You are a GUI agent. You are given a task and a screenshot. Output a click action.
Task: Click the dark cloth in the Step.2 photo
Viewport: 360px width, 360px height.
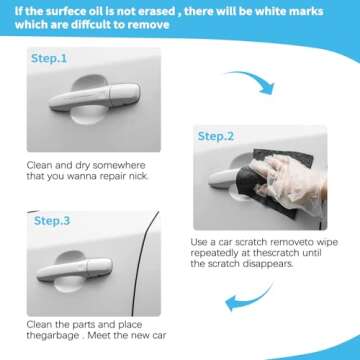[246, 184]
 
